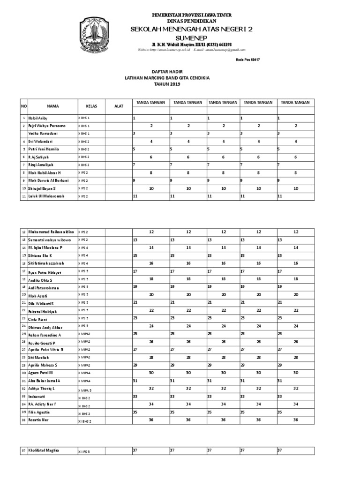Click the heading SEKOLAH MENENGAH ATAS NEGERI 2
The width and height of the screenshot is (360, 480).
(191, 30)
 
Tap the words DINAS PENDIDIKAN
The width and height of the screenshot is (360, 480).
(191, 22)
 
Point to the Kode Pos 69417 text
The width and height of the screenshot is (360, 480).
(248, 60)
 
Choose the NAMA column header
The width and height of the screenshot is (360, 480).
(52, 106)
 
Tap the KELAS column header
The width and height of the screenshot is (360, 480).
(91, 106)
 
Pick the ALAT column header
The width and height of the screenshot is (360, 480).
(119, 106)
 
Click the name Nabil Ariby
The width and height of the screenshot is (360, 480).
(38, 119)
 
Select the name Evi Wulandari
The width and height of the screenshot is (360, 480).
(40, 142)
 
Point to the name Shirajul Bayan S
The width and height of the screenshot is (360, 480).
(43, 188)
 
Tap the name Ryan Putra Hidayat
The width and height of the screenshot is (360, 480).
(45, 272)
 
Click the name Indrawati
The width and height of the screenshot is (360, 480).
(37, 397)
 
